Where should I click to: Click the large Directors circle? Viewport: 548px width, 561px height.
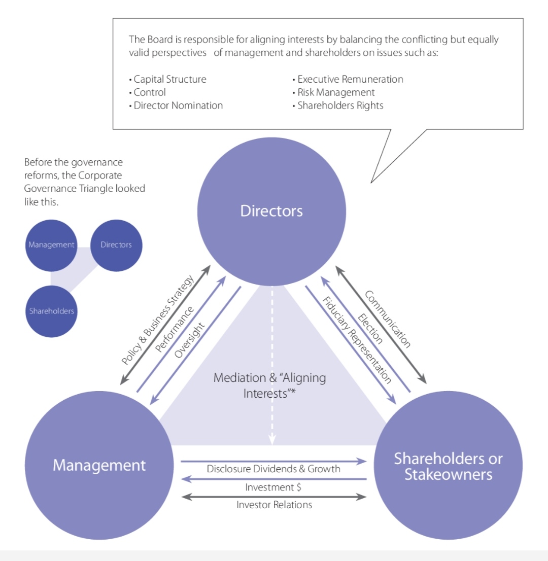pos(271,211)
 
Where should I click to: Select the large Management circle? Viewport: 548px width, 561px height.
pos(99,465)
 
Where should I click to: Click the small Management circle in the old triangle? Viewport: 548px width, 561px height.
pos(51,245)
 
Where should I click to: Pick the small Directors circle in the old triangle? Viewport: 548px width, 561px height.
pos(116,245)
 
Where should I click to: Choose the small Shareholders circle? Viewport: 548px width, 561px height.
pos(51,311)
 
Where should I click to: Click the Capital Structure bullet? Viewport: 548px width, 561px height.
pos(169,80)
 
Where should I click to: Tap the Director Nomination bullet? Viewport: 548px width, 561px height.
pos(178,106)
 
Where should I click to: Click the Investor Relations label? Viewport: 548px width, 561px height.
pos(274,505)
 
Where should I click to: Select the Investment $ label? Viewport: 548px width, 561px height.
pos(274,487)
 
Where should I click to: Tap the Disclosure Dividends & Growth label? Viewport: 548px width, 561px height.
pos(273,469)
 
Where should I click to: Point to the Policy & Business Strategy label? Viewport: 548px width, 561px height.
pos(158,320)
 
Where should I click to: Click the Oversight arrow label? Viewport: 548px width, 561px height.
pos(188,340)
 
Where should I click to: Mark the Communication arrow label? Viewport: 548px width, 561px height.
pos(388,320)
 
